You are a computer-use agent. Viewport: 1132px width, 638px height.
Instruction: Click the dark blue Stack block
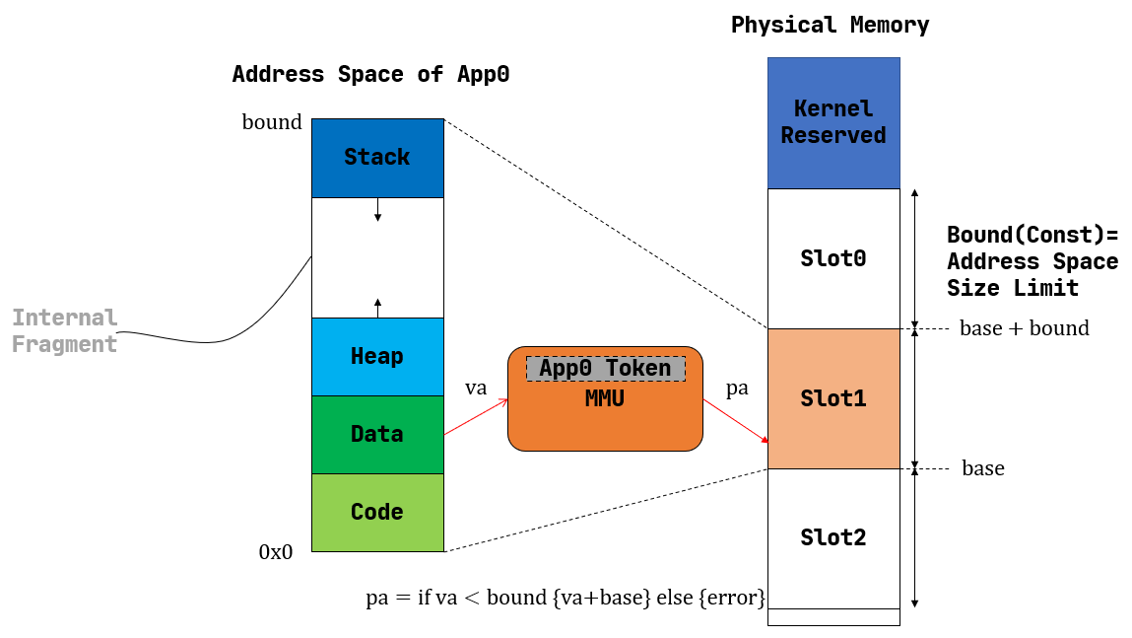[377, 158]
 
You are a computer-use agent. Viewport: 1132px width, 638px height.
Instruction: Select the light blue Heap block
[377, 356]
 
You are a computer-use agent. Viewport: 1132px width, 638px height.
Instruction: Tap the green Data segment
[377, 434]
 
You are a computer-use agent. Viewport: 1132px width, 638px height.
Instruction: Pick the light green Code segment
[377, 512]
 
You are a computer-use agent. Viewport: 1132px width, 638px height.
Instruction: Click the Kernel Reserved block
[833, 122]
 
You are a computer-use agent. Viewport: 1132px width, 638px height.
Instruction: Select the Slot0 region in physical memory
[833, 258]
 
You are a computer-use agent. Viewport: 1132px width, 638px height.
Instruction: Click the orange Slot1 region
[833, 398]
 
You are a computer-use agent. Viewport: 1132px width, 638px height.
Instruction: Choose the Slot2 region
[833, 538]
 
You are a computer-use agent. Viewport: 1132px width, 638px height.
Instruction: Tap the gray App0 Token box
[605, 369]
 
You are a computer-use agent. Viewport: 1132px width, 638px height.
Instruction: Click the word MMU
[605, 398]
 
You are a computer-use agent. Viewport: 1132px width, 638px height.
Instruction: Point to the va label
[475, 389]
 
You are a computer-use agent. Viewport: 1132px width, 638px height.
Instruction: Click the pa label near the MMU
[737, 389]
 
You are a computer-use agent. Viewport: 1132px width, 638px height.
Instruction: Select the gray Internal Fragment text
[65, 331]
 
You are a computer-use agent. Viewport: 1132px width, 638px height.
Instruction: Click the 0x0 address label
[276, 552]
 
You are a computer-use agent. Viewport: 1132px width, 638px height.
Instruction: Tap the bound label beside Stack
[272, 122]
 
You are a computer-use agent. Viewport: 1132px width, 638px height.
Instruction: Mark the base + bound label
[1024, 328]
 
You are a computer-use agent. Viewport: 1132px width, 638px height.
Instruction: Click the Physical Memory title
[830, 26]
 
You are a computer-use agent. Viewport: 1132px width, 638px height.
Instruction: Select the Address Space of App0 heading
[370, 75]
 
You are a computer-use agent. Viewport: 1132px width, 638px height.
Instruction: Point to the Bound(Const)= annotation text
[1032, 236]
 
